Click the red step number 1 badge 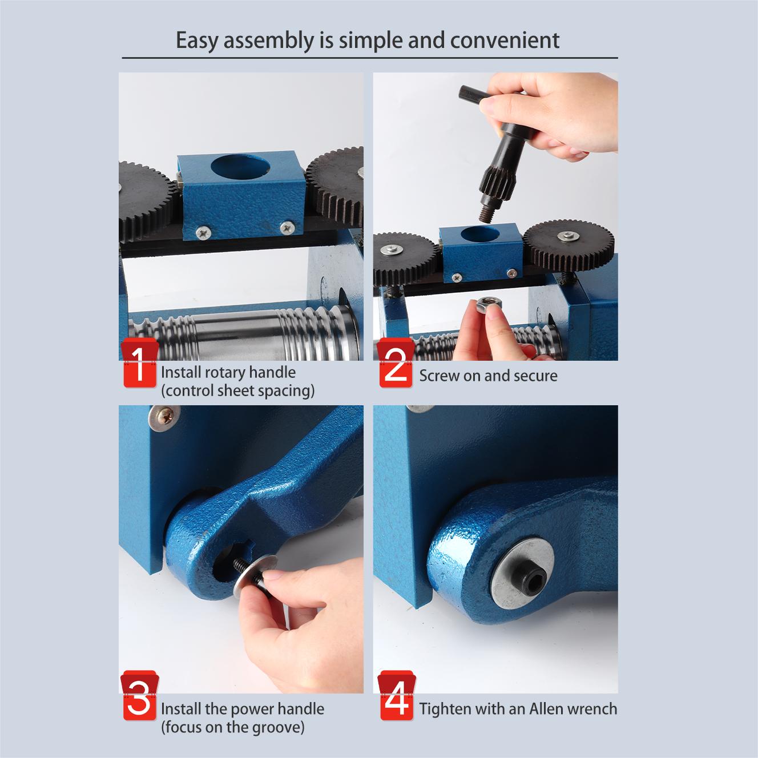(x=140, y=362)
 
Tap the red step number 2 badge (x=396, y=362)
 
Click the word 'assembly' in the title (x=269, y=41)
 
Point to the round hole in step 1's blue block (x=240, y=166)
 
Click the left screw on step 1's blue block (x=203, y=233)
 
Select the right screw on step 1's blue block (x=288, y=227)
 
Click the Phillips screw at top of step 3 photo (x=164, y=418)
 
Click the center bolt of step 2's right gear (x=568, y=236)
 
